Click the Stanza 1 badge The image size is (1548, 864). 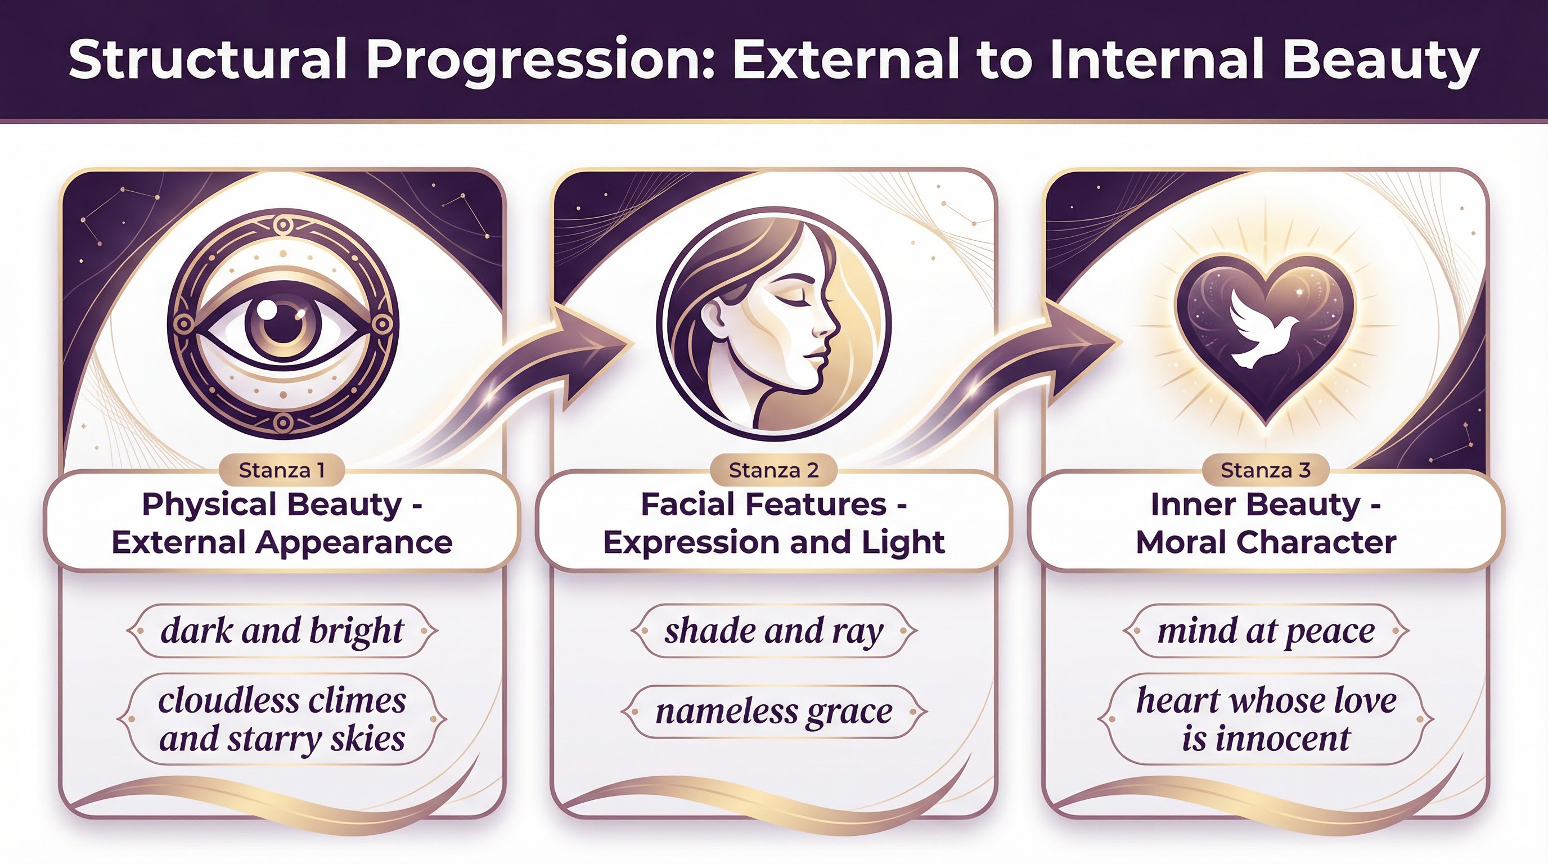click(282, 470)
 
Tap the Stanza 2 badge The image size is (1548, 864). click(773, 470)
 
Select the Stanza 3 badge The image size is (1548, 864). click(1265, 470)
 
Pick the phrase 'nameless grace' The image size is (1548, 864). click(773, 712)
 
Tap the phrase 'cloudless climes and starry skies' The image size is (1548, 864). click(282, 719)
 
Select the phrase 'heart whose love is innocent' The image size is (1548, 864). click(1266, 719)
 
